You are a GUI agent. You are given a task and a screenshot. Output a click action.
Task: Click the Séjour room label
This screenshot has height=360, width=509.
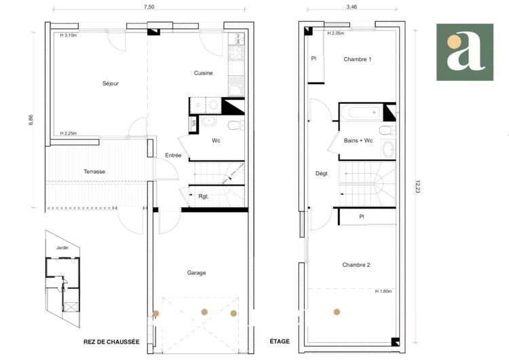(x=111, y=84)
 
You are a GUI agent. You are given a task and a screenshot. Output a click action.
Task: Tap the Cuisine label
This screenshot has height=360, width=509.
(x=203, y=73)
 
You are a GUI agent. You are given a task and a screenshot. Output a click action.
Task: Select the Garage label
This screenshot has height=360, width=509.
(x=196, y=273)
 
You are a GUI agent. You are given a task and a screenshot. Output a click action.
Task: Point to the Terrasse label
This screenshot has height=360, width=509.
(x=94, y=172)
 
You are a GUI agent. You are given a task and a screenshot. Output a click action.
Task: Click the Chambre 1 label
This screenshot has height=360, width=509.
(x=358, y=59)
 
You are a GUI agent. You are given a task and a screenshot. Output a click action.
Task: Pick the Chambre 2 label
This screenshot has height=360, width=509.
(x=356, y=265)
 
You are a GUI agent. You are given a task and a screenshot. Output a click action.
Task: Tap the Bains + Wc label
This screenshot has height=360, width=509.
(x=358, y=141)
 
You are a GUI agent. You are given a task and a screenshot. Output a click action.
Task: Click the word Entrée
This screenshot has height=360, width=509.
(x=173, y=156)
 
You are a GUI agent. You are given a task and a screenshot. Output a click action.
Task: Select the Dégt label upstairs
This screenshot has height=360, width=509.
(x=322, y=173)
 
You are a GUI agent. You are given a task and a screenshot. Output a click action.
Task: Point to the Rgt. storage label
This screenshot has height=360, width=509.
(x=203, y=196)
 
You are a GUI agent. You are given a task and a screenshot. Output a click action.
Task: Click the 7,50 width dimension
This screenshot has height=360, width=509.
(x=149, y=7)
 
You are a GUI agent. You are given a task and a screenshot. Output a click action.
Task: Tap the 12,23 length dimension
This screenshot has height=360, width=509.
(x=417, y=187)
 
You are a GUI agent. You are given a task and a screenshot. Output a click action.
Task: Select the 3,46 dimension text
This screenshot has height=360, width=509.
(x=352, y=7)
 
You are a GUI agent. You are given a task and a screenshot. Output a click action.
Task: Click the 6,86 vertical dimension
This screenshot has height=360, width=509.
(x=31, y=120)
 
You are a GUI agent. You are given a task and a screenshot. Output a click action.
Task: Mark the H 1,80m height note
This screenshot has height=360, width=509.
(x=383, y=291)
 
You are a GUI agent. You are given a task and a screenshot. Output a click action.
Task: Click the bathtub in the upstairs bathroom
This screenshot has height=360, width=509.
(x=361, y=113)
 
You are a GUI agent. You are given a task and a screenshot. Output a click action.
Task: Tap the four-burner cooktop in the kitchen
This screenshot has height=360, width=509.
(x=235, y=53)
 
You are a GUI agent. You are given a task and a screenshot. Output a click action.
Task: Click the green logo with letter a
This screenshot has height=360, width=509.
(x=465, y=52)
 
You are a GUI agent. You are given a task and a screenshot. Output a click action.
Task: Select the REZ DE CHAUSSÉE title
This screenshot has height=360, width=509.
(x=111, y=342)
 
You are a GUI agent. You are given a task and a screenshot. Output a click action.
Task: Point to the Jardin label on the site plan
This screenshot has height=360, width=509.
(x=62, y=247)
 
